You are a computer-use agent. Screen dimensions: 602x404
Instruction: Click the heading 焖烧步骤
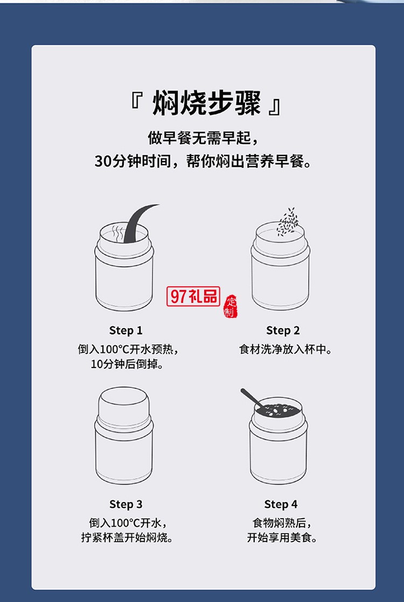[x=207, y=103]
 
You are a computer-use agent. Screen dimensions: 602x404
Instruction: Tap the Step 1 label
[x=126, y=330]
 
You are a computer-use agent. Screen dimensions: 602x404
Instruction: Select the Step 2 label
[x=283, y=330]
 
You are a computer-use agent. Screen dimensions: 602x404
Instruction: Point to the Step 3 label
[x=126, y=504]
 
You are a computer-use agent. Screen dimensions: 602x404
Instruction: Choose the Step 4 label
[x=281, y=504]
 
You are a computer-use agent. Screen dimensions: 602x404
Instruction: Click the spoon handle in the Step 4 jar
[x=249, y=397]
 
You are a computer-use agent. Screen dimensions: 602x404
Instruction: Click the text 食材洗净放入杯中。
[x=285, y=349]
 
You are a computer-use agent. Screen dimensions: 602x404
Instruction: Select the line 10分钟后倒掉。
[x=127, y=364]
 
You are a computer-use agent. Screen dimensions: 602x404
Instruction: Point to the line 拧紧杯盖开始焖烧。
[x=127, y=537]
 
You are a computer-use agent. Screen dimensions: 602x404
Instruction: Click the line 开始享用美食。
[x=282, y=537]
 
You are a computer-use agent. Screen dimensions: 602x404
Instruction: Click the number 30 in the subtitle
[x=102, y=161]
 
